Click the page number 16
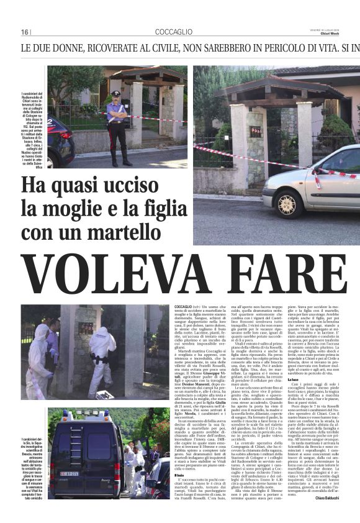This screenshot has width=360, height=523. pyautogui.click(x=25, y=32)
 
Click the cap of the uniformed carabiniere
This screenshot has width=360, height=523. pyautogui.click(x=115, y=94)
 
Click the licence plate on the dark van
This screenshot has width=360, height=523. pyautogui.click(x=69, y=473)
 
